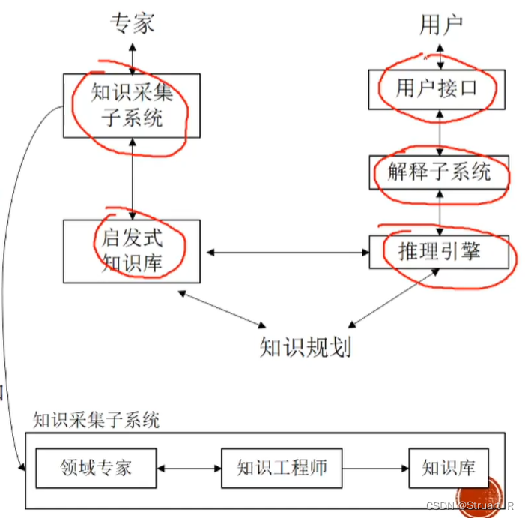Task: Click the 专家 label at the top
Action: click(x=133, y=24)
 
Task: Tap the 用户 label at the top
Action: click(x=440, y=25)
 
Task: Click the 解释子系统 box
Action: click(x=440, y=172)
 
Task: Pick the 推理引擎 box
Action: click(x=440, y=252)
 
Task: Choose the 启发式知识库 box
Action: click(x=132, y=251)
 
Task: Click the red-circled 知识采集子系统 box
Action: click(x=132, y=106)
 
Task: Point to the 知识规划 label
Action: click(x=305, y=347)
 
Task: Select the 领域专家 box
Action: click(x=96, y=468)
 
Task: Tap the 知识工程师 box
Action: click(x=282, y=468)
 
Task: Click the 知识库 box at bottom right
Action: click(x=449, y=468)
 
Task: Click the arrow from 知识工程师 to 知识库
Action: click(x=375, y=469)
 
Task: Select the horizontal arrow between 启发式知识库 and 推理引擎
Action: click(x=285, y=252)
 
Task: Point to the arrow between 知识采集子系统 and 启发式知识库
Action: click(x=133, y=178)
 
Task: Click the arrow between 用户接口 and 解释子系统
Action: click(x=440, y=131)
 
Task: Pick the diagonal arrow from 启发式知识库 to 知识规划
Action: click(x=221, y=307)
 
